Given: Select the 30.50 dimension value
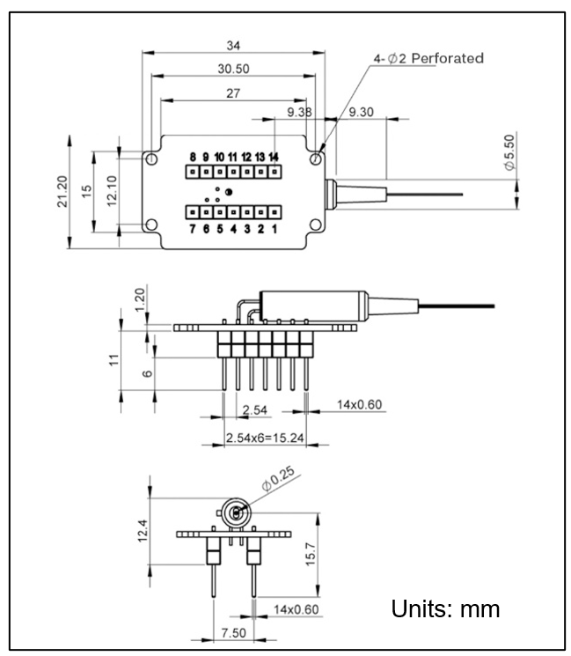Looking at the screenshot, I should (232, 67).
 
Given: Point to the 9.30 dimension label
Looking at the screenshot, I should (364, 112).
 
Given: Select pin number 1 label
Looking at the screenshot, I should (275, 229).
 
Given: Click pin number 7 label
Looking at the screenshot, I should (192, 229).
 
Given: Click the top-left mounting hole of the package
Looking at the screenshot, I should (152, 159).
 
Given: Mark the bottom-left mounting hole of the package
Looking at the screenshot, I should (152, 224).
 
